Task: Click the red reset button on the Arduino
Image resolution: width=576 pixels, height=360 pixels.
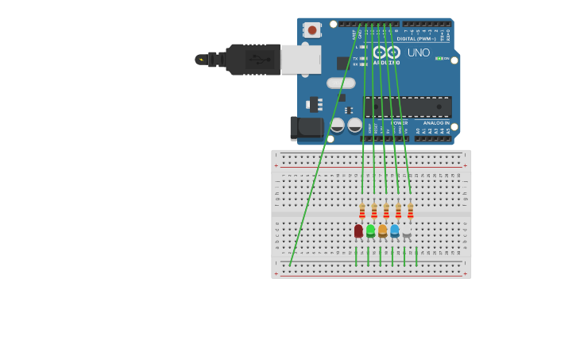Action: [x=312, y=30]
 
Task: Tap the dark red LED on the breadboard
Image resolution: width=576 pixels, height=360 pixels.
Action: [x=358, y=230]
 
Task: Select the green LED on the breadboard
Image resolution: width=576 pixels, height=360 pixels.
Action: [x=370, y=230]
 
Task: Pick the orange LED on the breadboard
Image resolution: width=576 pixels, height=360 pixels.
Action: [x=382, y=230]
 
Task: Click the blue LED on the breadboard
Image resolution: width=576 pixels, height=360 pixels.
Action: [x=394, y=230]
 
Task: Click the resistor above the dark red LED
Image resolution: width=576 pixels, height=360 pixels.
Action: [x=362, y=211]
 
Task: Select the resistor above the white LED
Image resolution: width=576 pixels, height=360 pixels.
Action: [x=410, y=211]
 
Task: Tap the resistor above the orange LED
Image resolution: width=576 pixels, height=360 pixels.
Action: [x=386, y=211]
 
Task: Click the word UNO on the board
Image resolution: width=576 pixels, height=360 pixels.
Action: [x=419, y=53]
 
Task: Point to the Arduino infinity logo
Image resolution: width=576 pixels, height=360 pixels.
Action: [x=387, y=52]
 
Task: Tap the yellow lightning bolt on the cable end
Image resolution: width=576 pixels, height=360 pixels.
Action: [x=201, y=60]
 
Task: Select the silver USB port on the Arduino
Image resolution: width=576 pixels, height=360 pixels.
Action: [x=301, y=60]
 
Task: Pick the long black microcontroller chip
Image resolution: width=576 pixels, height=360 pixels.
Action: [x=408, y=106]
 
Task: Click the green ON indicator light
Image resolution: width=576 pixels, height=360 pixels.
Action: [x=439, y=59]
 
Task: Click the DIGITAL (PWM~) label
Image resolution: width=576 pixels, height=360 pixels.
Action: [x=417, y=37]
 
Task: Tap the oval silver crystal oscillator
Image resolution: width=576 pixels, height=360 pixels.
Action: [x=340, y=83]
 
